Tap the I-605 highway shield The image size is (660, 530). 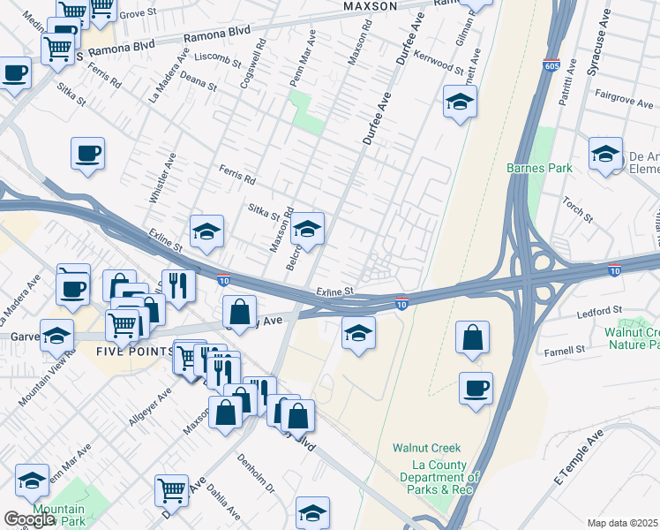551,65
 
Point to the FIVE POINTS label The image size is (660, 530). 135,351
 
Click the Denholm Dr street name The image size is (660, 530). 256,474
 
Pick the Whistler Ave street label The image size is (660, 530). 164,179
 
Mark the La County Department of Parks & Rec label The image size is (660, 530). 446,477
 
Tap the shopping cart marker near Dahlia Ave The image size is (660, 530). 171,490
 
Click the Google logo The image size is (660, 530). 28,519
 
